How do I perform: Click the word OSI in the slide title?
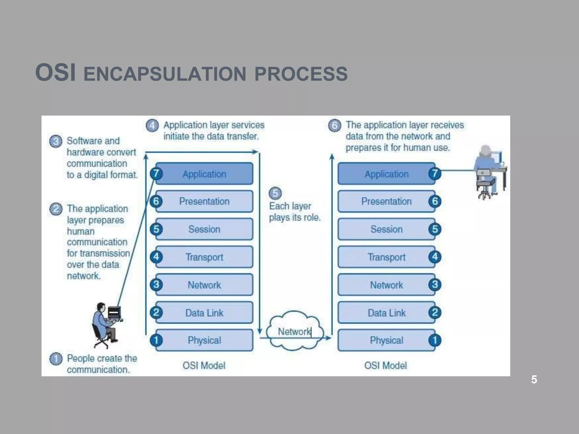click(55, 73)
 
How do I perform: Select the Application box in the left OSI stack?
click(204, 174)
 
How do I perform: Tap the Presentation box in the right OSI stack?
click(386, 201)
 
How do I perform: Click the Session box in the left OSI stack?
click(204, 229)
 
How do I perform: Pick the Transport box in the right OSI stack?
click(386, 257)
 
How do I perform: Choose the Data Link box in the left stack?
click(204, 313)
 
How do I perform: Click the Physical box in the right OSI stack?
click(386, 340)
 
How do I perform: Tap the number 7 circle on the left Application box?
click(156, 173)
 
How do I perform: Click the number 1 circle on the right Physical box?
click(435, 340)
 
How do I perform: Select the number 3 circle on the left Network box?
click(156, 285)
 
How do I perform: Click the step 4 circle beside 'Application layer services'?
click(152, 125)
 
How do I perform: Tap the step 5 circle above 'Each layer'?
click(275, 193)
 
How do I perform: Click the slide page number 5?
click(534, 379)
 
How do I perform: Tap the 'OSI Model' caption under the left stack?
click(204, 366)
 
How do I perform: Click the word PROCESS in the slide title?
click(301, 74)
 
